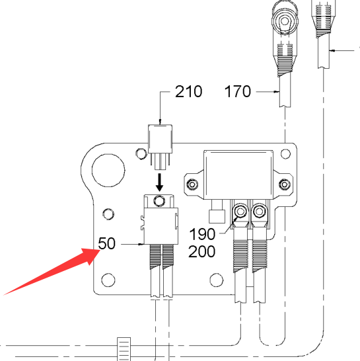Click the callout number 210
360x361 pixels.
(189, 92)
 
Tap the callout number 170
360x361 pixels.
(237, 92)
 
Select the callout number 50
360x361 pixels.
(106, 243)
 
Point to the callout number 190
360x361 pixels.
(202, 234)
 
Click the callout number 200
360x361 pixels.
(202, 251)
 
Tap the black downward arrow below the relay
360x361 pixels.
(159, 182)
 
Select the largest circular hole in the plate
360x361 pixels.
(108, 171)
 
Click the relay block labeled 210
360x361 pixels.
(160, 139)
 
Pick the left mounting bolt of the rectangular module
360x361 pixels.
(192, 184)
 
